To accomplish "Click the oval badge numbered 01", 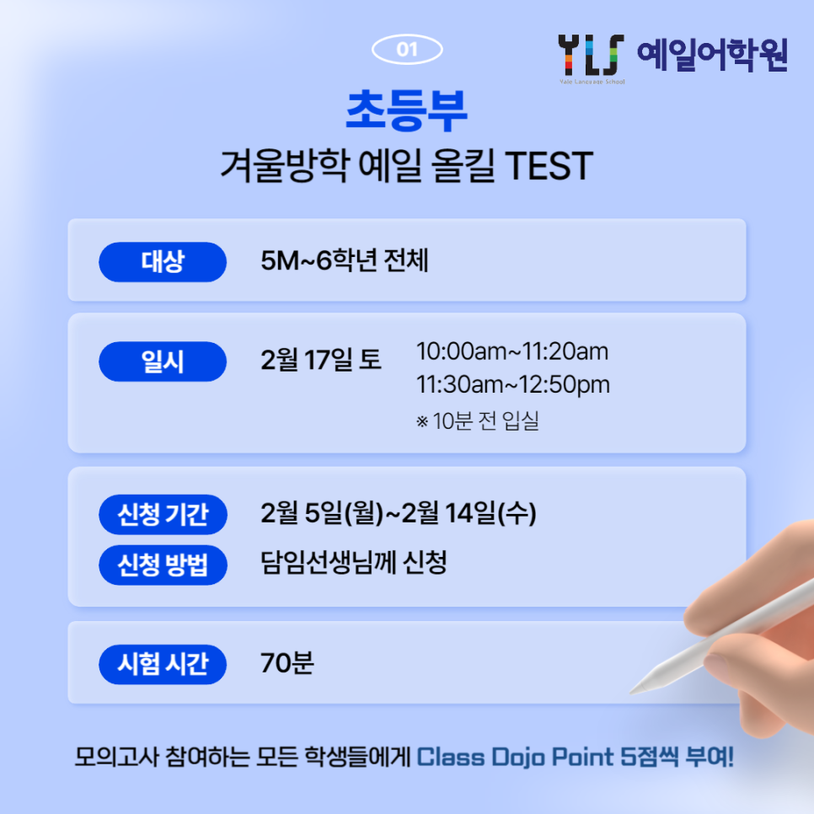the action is (407, 50).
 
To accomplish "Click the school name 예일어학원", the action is (712, 55).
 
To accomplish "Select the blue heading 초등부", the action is (407, 110).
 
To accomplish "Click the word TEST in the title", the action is (549, 166).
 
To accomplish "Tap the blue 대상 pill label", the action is (163, 261).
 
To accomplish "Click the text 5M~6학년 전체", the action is (344, 260).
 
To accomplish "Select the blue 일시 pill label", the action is (163, 361).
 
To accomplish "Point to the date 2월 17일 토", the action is (321, 360).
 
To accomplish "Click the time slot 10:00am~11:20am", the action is (512, 351).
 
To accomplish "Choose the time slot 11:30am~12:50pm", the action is (513, 385).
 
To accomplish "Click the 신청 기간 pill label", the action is (163, 515).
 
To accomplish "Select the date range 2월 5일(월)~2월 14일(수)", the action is (399, 513).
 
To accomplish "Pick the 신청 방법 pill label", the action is (163, 565).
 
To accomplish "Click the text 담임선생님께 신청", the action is (354, 563).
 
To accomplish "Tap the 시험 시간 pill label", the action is (163, 665).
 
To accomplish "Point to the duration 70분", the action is (287, 663).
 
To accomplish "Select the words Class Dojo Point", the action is (515, 757).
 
